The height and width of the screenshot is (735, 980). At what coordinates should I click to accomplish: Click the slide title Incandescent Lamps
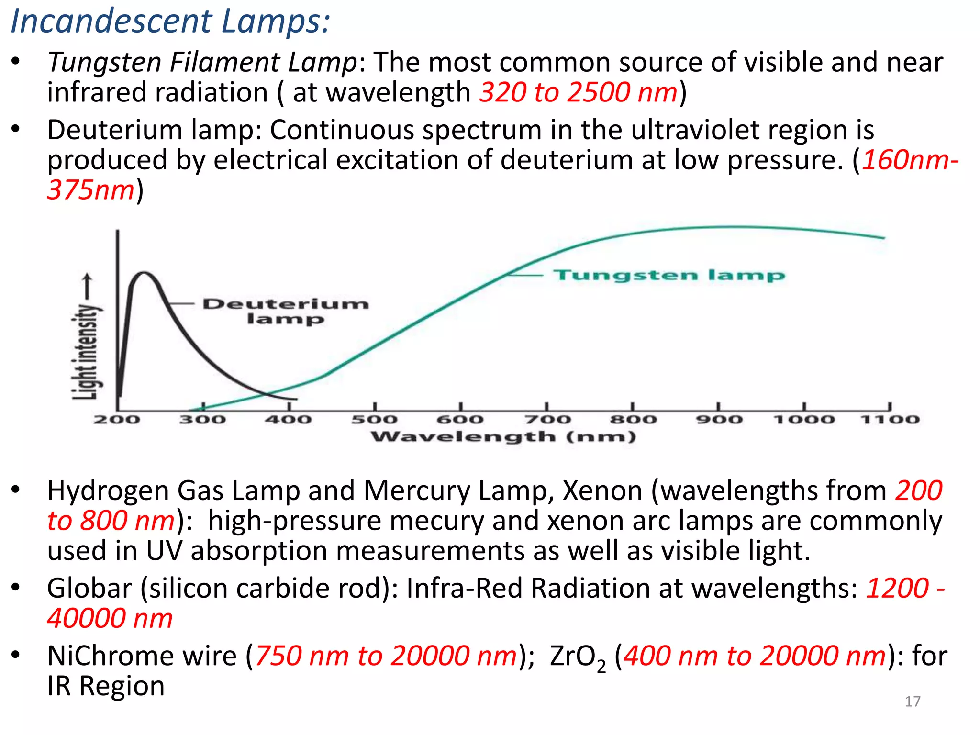[170, 22]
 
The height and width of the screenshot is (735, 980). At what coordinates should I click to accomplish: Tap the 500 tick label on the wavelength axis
[375, 420]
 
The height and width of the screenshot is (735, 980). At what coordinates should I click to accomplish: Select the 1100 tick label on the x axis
[890, 420]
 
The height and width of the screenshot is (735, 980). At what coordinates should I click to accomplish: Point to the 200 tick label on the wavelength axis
[117, 420]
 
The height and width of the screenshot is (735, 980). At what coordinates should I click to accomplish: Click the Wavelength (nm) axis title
[503, 436]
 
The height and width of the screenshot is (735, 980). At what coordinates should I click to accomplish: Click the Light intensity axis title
[87, 352]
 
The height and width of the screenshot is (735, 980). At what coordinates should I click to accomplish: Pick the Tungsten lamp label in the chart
[669, 275]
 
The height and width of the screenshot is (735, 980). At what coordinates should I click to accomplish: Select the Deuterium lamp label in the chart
[286, 311]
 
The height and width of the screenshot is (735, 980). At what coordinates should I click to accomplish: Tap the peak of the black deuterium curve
[144, 273]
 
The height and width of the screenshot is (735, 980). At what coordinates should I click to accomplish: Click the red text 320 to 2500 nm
[579, 92]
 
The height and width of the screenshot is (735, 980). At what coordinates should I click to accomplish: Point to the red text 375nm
[91, 190]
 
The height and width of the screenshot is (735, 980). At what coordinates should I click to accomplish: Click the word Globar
[89, 588]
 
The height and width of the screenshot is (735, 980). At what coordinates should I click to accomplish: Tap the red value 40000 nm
[110, 618]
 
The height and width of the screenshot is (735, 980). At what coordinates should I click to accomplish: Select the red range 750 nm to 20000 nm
[386, 656]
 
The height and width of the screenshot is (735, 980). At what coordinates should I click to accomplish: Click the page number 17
[913, 701]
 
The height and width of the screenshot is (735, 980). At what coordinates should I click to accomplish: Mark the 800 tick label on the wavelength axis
[633, 420]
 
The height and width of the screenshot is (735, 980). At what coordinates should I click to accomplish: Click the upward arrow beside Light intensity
[87, 287]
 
